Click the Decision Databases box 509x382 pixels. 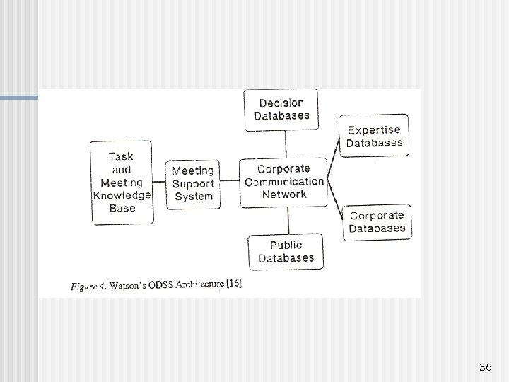(x=282, y=110)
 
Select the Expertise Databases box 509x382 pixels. (x=374, y=136)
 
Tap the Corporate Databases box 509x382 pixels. (x=377, y=221)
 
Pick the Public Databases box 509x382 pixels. (x=286, y=251)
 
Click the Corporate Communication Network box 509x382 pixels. (x=284, y=182)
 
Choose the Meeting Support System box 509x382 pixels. (x=193, y=184)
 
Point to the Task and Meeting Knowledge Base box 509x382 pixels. (x=122, y=183)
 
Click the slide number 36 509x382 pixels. (x=485, y=366)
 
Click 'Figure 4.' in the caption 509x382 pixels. (x=89, y=286)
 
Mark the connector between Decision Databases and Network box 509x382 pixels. (x=286, y=144)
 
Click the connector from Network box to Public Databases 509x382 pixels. (x=286, y=221)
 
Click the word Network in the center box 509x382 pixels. (x=284, y=195)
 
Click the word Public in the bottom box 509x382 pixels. (x=286, y=245)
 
